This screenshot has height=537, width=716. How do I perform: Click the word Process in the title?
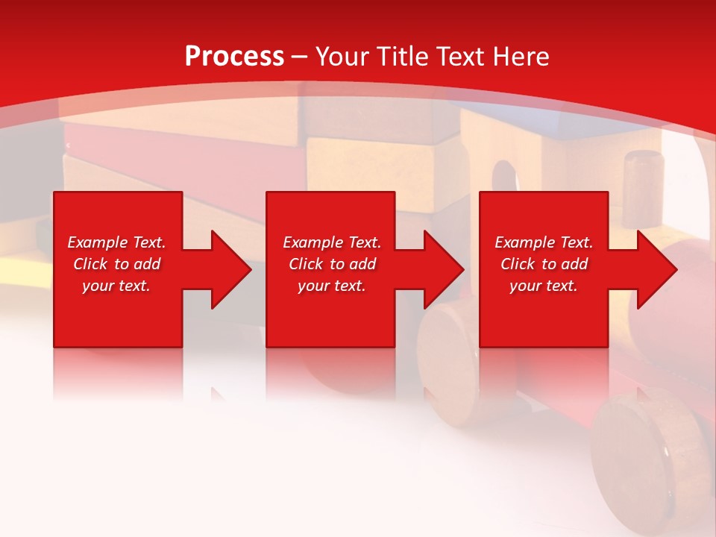[x=234, y=57]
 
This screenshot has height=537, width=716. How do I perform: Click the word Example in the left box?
[x=97, y=242]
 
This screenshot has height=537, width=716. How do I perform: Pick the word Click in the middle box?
[x=305, y=264]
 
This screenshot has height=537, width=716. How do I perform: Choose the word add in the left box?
[x=147, y=264]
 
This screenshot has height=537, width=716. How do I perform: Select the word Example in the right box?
[x=525, y=242]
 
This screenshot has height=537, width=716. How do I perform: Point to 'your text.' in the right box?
[x=543, y=286]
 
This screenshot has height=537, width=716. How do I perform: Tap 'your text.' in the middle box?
[x=331, y=286]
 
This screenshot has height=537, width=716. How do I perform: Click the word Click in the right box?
[x=517, y=264]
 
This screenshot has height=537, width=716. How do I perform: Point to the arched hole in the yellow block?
[x=504, y=179]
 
